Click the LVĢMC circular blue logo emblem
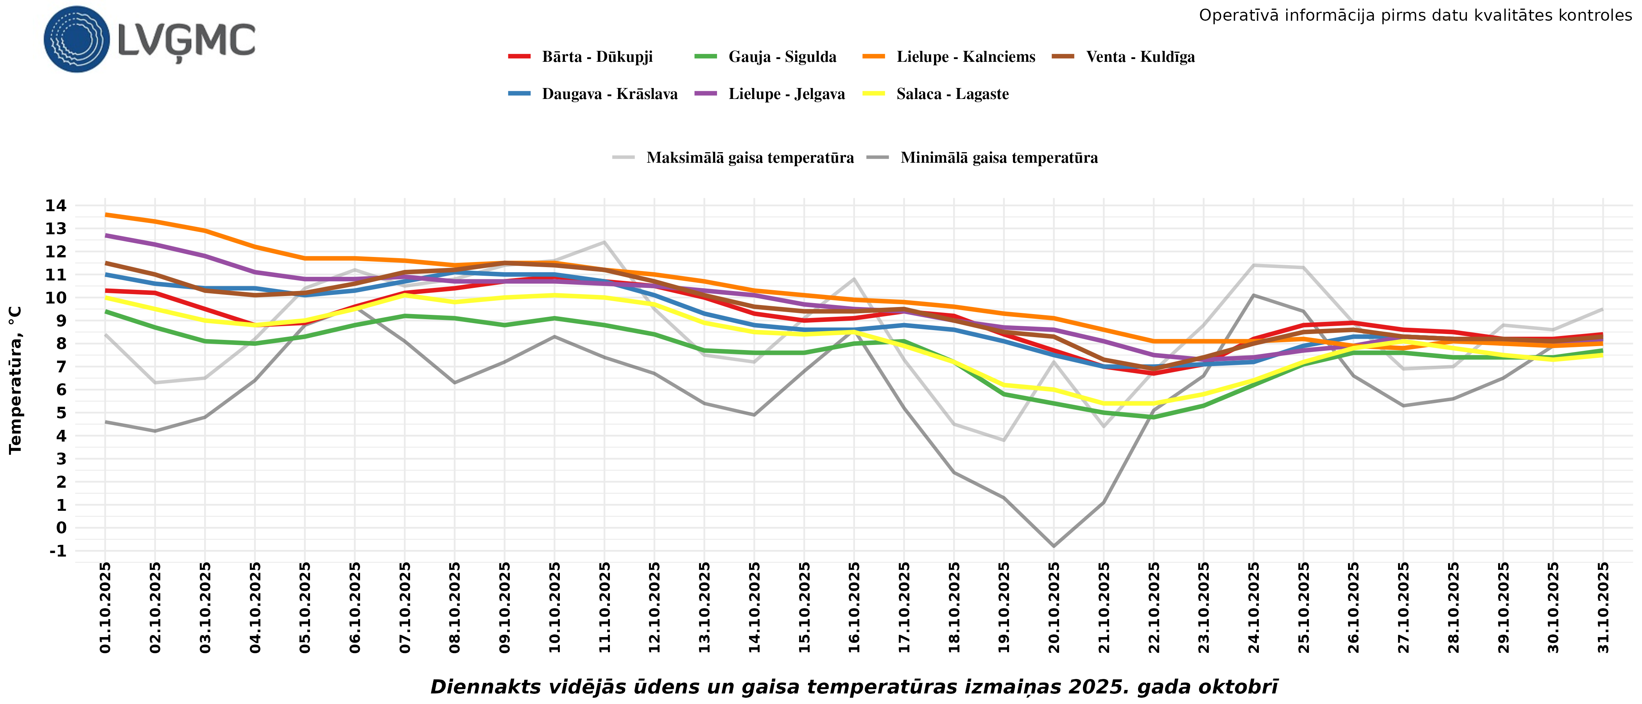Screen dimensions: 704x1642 coord(77,40)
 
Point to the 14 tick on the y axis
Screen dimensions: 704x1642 coord(56,205)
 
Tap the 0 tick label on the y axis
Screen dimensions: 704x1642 coord(61,528)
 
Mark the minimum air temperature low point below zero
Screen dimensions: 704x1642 coord(1054,546)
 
